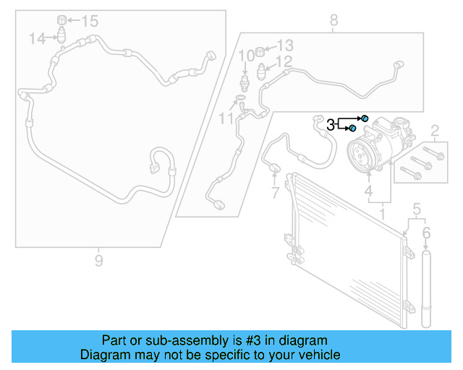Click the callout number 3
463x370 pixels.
pos(331,124)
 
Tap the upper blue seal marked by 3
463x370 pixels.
pos(365,118)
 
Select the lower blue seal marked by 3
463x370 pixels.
pos(352,129)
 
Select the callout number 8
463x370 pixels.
pos(334,20)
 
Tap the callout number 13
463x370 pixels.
pos(285,45)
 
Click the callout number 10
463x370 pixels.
pos(246,56)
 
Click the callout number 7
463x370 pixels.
pos(275,193)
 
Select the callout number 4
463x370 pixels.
pos(369,192)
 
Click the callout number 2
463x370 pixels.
pos(434,131)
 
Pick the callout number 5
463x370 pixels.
pos(416,210)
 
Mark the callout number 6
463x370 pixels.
pos(426,233)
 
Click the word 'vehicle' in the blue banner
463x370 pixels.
pos(316,355)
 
